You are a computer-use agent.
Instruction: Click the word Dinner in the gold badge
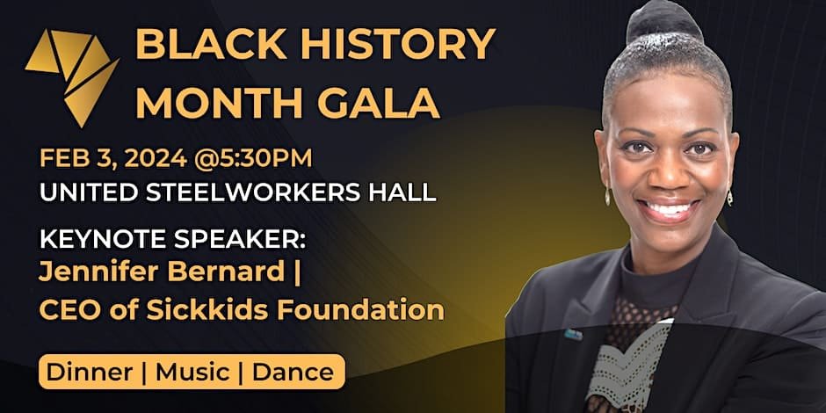coord(89,373)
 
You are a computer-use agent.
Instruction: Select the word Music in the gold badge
coord(192,373)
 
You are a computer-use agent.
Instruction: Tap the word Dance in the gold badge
coord(293,373)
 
